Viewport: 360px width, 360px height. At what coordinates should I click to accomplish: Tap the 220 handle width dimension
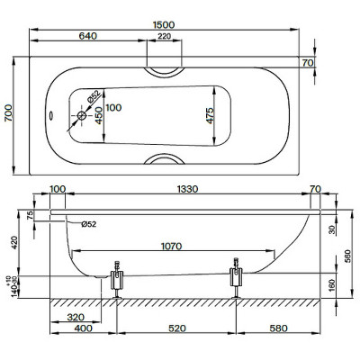point(164,37)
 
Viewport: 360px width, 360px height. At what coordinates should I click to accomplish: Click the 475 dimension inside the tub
point(207,115)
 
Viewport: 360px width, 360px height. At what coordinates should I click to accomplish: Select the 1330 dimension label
point(186,189)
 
